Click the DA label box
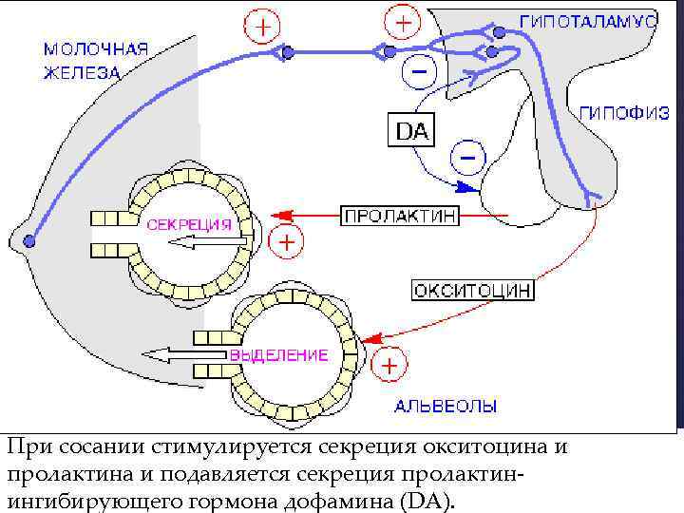pyautogui.click(x=411, y=132)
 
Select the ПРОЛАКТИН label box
pyautogui.click(x=399, y=216)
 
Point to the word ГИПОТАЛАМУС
pyautogui.click(x=588, y=20)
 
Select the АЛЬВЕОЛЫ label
pyautogui.click(x=445, y=408)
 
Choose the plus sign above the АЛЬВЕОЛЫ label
pyautogui.click(x=390, y=364)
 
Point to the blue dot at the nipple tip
pyautogui.click(x=30, y=239)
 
